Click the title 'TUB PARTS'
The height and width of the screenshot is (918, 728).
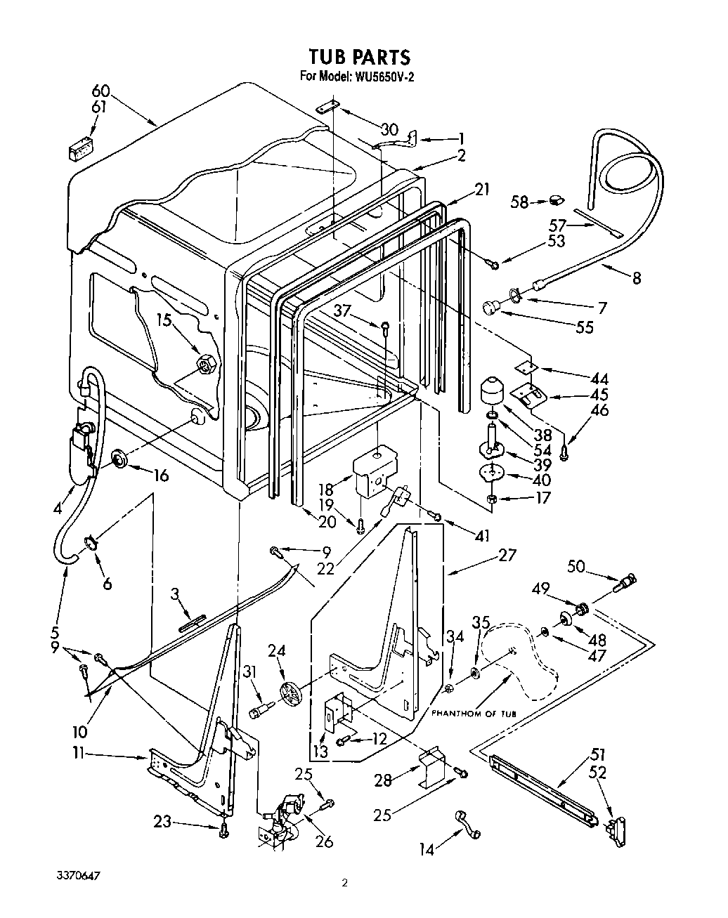359,56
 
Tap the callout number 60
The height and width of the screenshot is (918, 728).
102,91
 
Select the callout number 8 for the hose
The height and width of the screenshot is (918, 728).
636,278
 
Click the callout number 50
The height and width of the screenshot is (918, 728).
576,566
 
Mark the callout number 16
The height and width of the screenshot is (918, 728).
161,476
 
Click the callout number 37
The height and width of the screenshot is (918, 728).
342,311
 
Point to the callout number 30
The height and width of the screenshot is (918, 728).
389,129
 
